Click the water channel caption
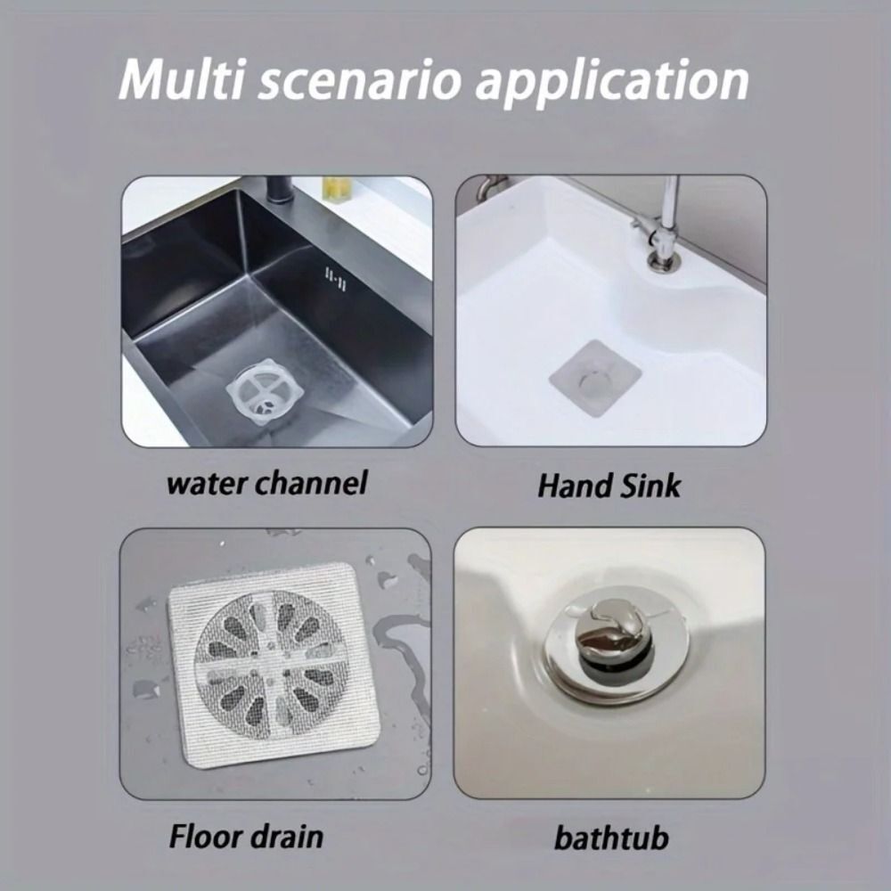click(267, 484)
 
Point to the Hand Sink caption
click(609, 486)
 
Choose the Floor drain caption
click(245, 837)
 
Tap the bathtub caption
click(611, 838)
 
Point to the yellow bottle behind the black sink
click(336, 189)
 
